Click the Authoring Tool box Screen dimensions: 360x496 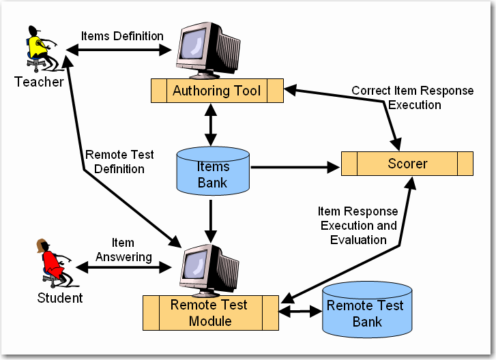tap(217, 91)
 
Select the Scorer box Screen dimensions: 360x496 tap(407, 164)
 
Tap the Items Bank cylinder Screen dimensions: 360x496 tap(213, 174)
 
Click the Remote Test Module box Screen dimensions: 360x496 tap(209, 312)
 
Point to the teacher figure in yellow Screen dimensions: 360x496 tap(38, 49)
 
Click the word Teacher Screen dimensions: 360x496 tap(39, 82)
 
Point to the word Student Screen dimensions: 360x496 tap(59, 298)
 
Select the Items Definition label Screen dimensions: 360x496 tap(122, 36)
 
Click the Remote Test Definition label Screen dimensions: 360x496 tap(119, 162)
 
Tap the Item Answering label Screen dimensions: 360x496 tap(123, 250)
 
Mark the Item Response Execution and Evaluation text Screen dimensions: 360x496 tap(358, 225)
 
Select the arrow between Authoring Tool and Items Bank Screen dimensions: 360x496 tap(213, 122)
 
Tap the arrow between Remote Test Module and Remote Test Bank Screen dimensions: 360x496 tap(300, 312)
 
